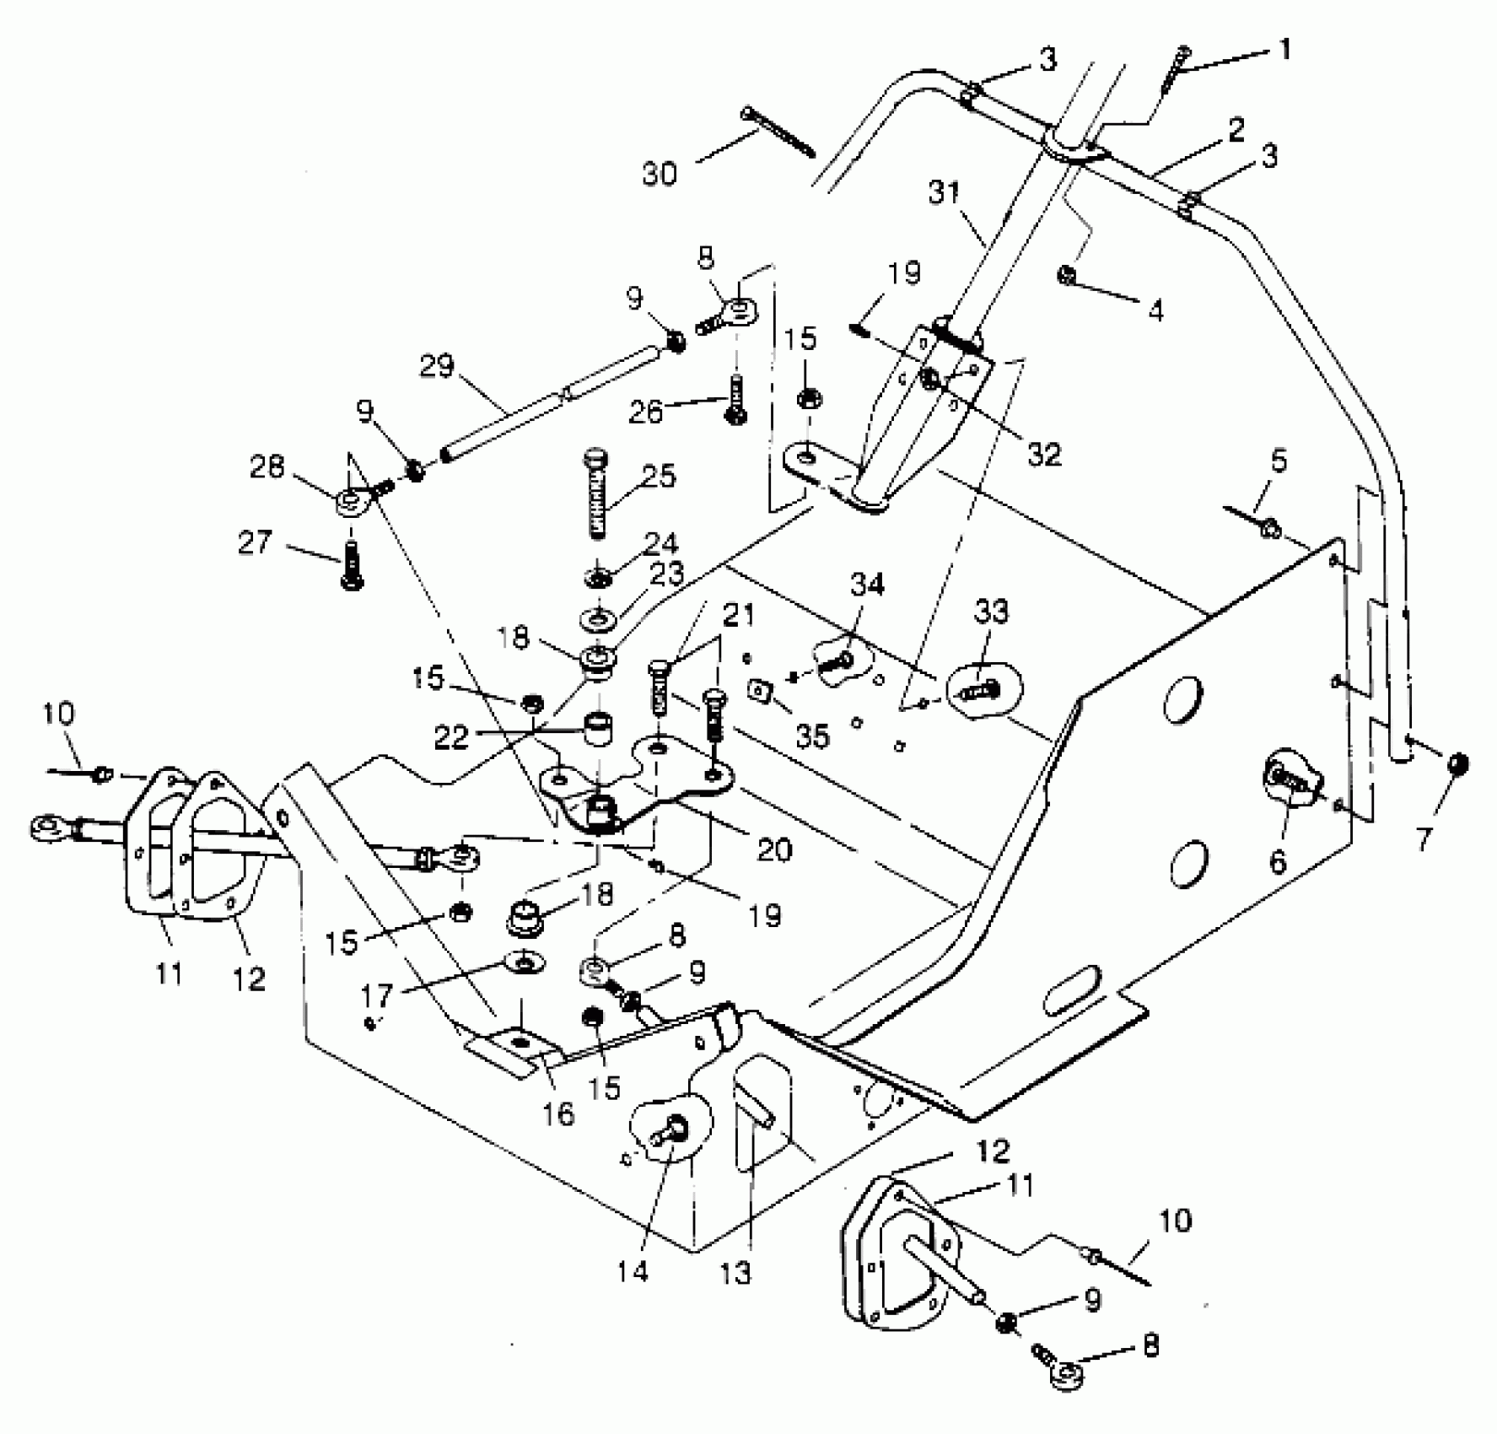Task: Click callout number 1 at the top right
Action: (x=1284, y=51)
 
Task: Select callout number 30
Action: (x=660, y=175)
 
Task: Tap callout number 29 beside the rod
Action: (x=438, y=367)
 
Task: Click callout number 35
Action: (x=812, y=736)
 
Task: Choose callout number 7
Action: (x=1424, y=839)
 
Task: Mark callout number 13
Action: (x=735, y=1272)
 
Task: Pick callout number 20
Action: (x=774, y=849)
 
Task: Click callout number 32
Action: (x=1044, y=454)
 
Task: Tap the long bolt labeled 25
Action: (x=596, y=493)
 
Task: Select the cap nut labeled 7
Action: (x=1457, y=764)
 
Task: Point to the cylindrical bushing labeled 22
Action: (x=598, y=727)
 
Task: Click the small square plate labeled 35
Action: (x=762, y=692)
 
